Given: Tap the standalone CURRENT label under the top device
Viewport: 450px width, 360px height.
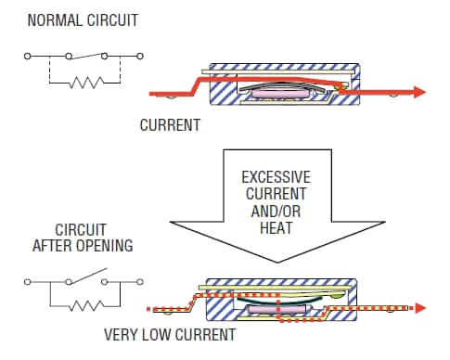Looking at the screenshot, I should point(169,123).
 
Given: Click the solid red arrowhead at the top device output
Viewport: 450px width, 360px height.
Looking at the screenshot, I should point(418,92).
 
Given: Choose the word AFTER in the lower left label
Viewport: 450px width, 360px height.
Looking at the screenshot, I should point(52,246).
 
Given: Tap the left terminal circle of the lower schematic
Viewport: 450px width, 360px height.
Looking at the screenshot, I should point(28,279).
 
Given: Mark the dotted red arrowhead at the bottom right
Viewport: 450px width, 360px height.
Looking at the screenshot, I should point(420,307).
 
